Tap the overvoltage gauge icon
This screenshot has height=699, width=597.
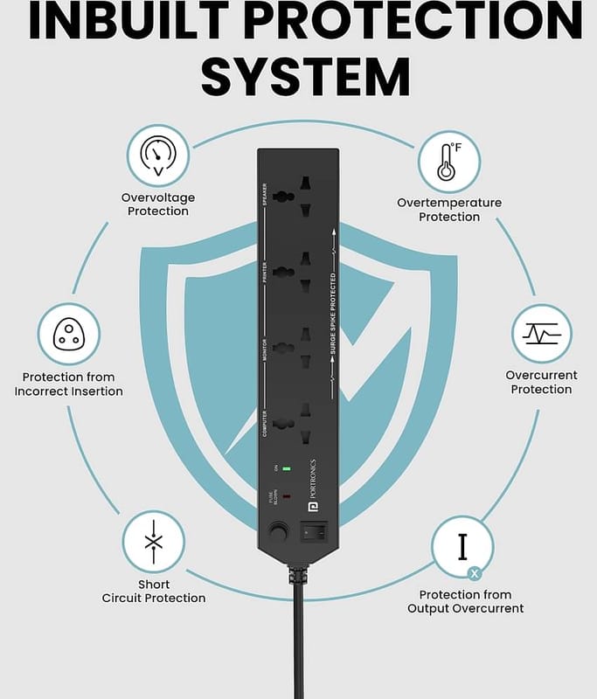pos(158,156)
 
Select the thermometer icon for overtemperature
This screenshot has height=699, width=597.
pos(448,163)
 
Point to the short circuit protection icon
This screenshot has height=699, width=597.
pos(153,542)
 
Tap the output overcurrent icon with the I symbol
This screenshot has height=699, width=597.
pos(462,546)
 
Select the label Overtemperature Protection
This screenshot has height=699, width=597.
pos(449,210)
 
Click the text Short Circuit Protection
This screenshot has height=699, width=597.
pos(154,592)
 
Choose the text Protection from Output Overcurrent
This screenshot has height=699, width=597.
pos(465,601)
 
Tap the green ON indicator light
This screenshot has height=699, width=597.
pos(286,468)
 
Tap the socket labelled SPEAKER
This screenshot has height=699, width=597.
pos(291,197)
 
